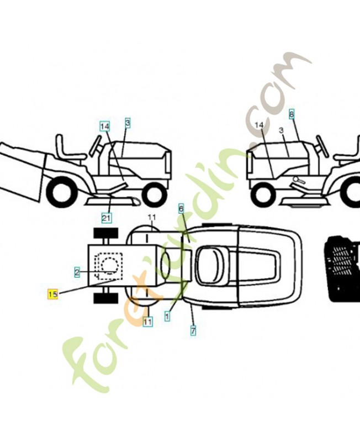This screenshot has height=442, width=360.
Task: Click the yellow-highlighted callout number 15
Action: pyautogui.click(x=52, y=294)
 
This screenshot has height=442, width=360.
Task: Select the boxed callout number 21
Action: pyautogui.click(x=107, y=218)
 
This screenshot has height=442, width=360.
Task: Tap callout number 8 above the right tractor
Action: pyautogui.click(x=292, y=115)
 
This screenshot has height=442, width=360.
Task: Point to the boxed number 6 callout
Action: pyautogui.click(x=181, y=208)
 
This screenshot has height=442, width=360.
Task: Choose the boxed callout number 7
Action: pyautogui.click(x=193, y=331)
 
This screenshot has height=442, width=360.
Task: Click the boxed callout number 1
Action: pyautogui.click(x=167, y=317)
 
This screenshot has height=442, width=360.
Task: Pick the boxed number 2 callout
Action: pyautogui.click(x=77, y=271)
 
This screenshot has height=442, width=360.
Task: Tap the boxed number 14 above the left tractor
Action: pyautogui.click(x=105, y=126)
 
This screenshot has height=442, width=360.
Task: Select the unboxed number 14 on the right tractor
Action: pyautogui.click(x=259, y=125)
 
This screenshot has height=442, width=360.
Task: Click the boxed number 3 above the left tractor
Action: pyautogui.click(x=128, y=123)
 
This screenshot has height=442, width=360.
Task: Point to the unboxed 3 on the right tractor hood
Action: pyautogui.click(x=281, y=130)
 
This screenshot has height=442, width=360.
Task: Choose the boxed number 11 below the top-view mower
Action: pyautogui.click(x=147, y=321)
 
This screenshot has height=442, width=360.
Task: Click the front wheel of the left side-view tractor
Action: pyautogui.click(x=154, y=194)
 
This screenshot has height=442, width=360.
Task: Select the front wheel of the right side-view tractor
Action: pyautogui.click(x=264, y=194)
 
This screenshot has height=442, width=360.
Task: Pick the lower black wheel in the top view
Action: pyautogui.click(x=105, y=298)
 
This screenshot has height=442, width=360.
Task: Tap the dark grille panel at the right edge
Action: pyautogui.click(x=343, y=267)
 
